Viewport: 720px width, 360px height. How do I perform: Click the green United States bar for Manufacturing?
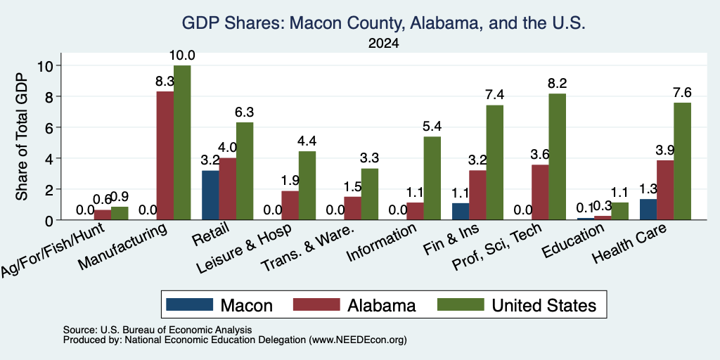182,143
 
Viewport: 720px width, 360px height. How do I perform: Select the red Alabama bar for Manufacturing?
165,155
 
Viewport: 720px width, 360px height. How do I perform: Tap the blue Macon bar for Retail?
210,195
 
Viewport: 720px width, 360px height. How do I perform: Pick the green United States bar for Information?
432,178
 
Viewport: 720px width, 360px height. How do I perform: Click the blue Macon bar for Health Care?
648,210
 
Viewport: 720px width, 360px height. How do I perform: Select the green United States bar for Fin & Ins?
494,162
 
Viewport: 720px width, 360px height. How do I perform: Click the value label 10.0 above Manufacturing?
182,56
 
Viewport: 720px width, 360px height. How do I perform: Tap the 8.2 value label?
557,84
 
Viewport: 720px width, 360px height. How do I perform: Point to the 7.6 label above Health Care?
682,93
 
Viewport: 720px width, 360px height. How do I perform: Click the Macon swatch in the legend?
190,304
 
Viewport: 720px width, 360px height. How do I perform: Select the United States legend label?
544,305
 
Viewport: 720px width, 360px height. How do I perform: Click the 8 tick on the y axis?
51,97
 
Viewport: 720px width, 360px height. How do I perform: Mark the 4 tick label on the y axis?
51,158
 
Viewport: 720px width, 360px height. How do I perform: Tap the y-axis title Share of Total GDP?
22,136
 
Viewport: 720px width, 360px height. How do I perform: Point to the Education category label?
572,240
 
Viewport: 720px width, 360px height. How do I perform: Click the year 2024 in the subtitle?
383,44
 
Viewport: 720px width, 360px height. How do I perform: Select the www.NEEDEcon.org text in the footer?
358,340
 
